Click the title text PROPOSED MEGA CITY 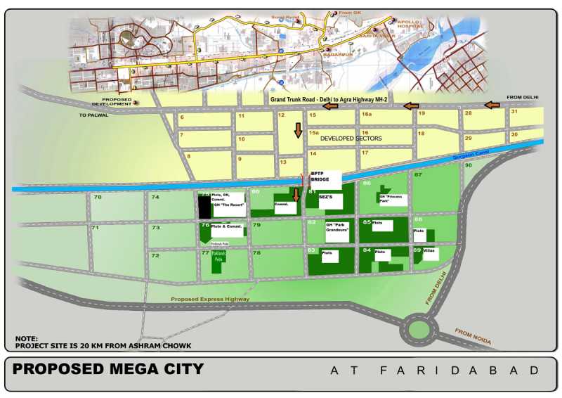(108, 369)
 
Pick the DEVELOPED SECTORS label (351, 139)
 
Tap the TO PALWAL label (93, 115)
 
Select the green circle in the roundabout (419, 328)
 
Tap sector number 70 (98, 198)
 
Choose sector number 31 (514, 111)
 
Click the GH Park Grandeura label (336, 228)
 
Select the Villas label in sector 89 (429, 250)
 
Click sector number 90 (468, 165)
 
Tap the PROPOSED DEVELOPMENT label (112, 103)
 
